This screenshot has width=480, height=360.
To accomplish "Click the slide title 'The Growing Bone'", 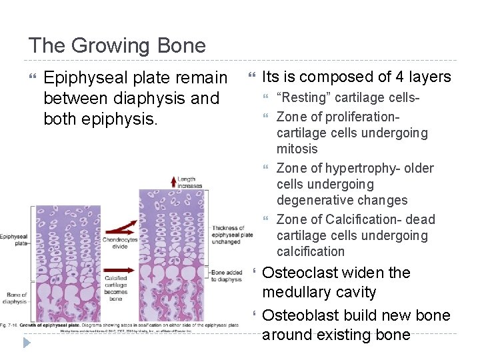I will [x=117, y=46].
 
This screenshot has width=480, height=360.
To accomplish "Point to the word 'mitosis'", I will [x=297, y=149].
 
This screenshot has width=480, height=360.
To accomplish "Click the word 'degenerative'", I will [x=313, y=200].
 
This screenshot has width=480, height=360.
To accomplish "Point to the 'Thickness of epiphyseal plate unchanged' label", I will [x=231, y=235].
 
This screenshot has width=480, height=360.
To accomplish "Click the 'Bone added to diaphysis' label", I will [x=227, y=276].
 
